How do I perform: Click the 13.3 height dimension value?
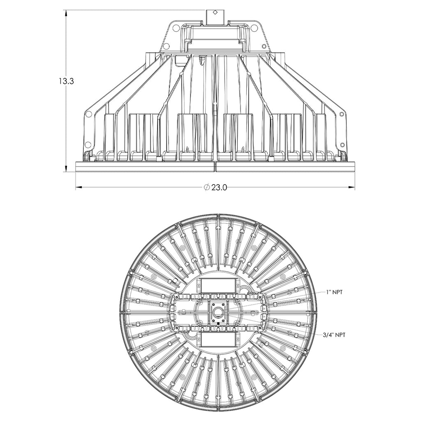point(66,81)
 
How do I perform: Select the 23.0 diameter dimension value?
point(219,187)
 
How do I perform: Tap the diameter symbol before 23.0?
point(207,187)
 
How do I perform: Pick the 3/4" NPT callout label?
point(334,335)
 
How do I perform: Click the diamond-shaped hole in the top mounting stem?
point(215,13)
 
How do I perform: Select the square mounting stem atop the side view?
point(215,16)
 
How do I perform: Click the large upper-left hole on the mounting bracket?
point(176,28)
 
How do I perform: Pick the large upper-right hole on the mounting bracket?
point(254,28)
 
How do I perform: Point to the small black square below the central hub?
point(217,324)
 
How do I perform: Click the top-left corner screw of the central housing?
point(177,296)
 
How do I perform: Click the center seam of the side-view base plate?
point(215,167)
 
